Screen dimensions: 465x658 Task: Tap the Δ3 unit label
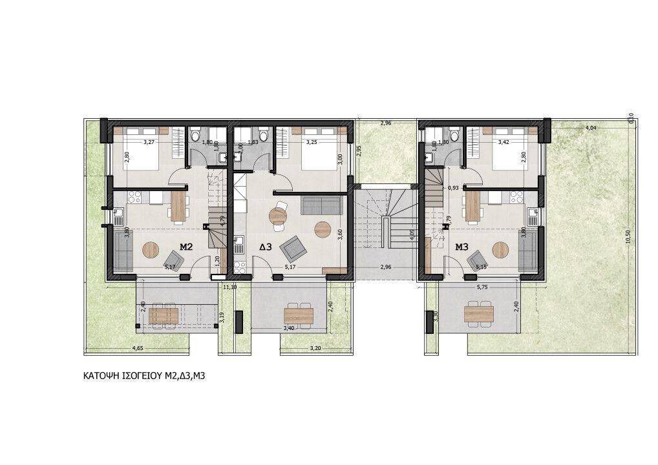click(x=266, y=247)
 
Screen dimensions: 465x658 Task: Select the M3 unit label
click(x=462, y=246)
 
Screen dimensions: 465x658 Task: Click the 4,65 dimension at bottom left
click(x=138, y=349)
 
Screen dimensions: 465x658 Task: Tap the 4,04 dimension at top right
click(x=589, y=129)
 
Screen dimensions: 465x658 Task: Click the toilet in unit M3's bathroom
click(x=454, y=135)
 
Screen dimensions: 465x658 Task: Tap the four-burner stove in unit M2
click(x=136, y=197)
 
